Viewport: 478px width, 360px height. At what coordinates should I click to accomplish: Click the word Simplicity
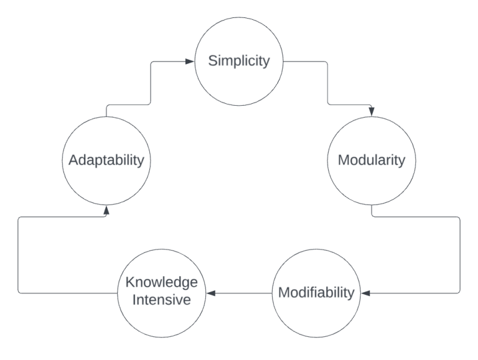(239, 63)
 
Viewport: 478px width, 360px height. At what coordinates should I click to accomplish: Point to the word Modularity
(372, 160)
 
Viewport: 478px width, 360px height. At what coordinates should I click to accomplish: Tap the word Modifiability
(316, 292)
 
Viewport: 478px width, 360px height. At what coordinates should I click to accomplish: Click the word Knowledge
(162, 284)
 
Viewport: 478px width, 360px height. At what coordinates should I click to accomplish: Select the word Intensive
(162, 300)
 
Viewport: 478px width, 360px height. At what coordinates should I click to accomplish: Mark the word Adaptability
(106, 160)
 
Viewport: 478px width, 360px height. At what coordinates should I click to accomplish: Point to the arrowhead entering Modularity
(372, 113)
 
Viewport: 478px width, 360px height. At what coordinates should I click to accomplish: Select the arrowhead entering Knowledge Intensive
(210, 292)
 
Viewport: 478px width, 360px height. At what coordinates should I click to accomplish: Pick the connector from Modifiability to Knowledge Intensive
(243, 292)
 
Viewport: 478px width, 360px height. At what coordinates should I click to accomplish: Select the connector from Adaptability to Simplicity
(149, 84)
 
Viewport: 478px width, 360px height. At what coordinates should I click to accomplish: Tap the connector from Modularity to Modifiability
(459, 255)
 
